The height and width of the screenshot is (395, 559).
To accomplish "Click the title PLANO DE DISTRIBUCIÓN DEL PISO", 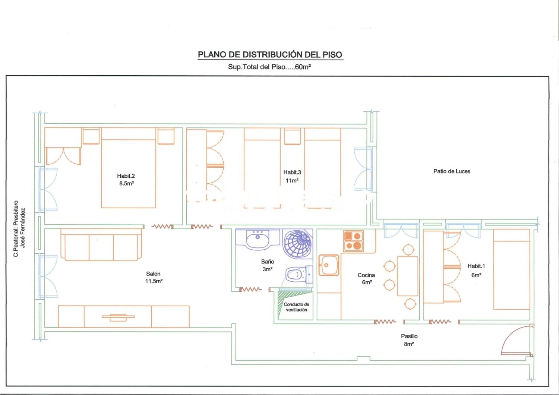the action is (270, 55).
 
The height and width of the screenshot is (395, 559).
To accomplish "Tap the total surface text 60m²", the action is (303, 67).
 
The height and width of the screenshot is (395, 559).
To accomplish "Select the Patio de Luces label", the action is (452, 171).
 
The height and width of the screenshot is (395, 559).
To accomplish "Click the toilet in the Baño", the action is (299, 274).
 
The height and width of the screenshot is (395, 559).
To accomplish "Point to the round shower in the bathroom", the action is (297, 244).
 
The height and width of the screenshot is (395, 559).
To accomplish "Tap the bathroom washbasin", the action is (258, 239).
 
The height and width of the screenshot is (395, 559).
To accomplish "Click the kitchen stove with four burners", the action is (353, 241).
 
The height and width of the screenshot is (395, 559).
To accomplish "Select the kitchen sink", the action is (329, 265).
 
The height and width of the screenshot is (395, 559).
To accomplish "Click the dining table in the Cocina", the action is (407, 276).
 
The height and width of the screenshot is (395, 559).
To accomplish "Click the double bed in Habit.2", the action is (129, 168).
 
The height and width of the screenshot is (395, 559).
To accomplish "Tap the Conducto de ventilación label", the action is (297, 307).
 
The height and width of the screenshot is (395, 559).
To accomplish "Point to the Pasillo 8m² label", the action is (409, 340).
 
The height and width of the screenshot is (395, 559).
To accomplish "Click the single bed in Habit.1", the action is (512, 269).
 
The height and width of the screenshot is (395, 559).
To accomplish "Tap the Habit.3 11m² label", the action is (292, 176).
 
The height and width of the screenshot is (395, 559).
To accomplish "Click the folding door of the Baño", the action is (250, 290).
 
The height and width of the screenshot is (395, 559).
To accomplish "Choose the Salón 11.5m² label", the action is (154, 277).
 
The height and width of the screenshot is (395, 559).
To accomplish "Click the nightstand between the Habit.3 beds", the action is (293, 136).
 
